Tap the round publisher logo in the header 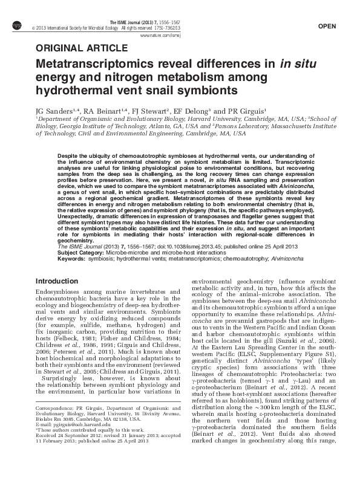pyautogui.click(x=16, y=25)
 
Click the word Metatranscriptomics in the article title pyautogui.click(x=99, y=63)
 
